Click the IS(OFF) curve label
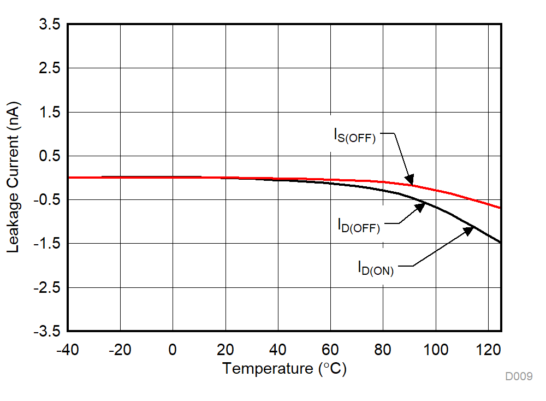[355, 135]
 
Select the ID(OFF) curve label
[359, 225]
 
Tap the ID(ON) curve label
[376, 268]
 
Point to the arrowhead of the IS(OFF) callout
[411, 181]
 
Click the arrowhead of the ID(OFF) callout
[422, 207]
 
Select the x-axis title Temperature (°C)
[284, 369]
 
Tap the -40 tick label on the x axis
[68, 349]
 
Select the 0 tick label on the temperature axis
[173, 349]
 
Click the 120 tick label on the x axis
[488, 349]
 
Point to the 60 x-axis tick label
[330, 349]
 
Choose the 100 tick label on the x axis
[436, 349]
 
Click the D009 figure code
[518, 376]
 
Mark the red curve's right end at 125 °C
[500, 208]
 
